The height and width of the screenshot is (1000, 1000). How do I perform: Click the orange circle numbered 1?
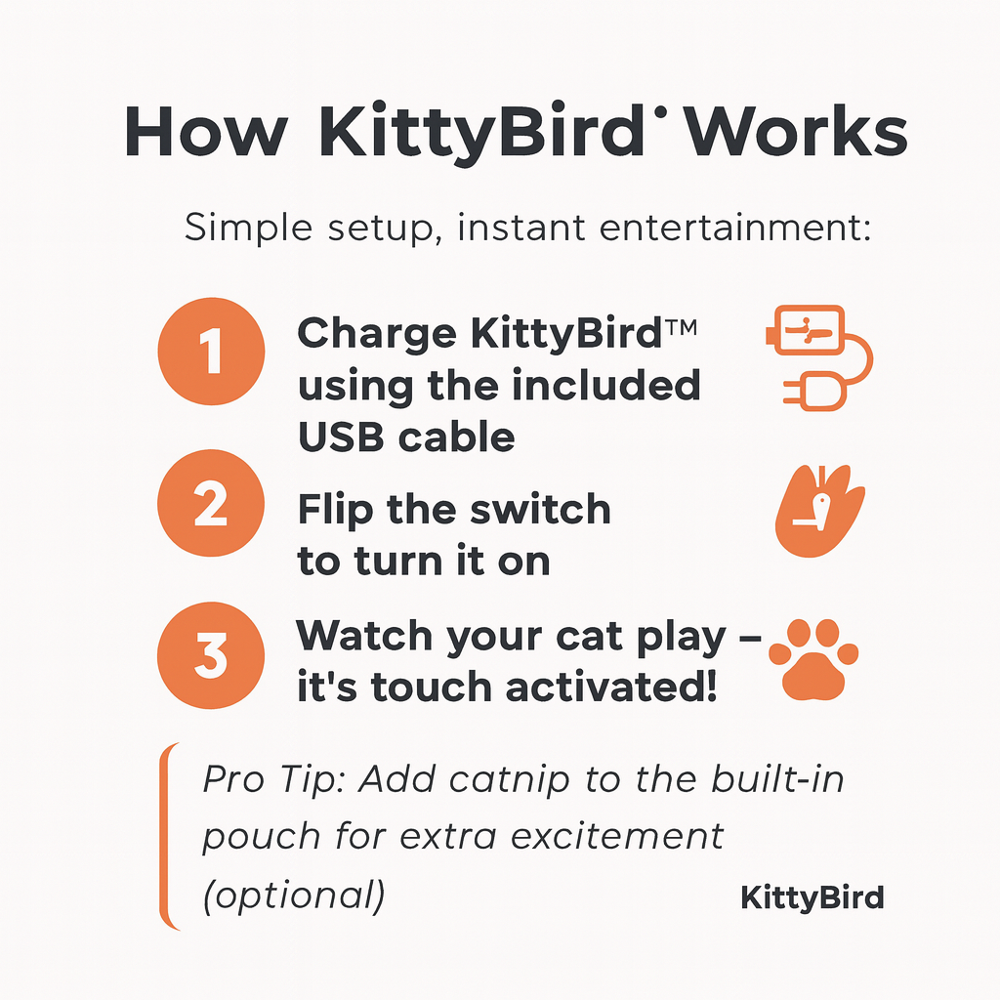click(211, 354)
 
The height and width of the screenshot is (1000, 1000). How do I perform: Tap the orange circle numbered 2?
click(211, 506)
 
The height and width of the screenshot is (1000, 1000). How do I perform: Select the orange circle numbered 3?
click(211, 654)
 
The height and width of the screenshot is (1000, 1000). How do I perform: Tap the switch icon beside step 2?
click(819, 512)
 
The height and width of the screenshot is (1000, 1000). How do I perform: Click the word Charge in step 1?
click(376, 335)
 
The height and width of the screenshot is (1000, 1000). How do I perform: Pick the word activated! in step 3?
click(611, 687)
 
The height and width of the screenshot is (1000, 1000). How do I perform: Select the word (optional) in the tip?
click(293, 895)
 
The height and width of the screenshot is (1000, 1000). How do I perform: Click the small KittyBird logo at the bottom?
click(812, 897)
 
